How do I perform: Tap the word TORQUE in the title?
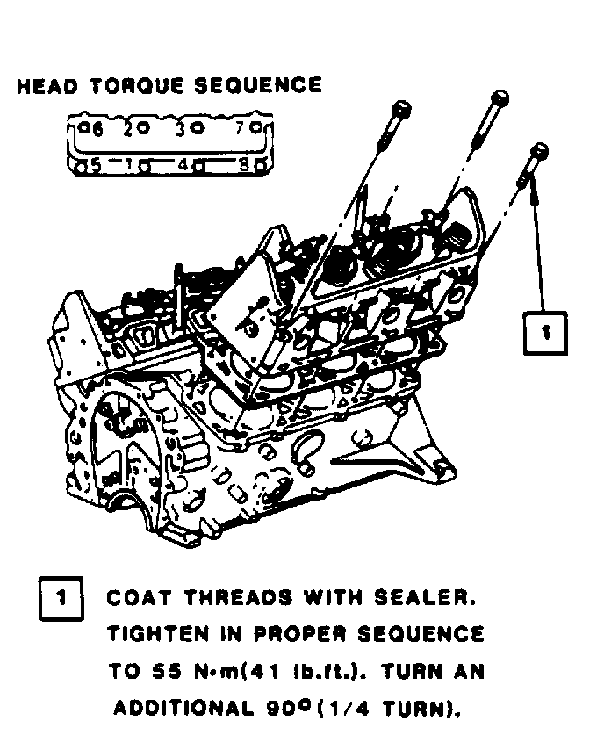point(133,86)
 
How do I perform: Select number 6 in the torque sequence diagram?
point(97,128)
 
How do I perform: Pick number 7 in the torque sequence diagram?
point(241,128)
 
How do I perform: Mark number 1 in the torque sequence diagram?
point(129,163)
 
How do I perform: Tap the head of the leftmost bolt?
point(400,109)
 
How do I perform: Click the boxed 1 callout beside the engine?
point(544,332)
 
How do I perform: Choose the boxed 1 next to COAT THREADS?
point(61,599)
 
